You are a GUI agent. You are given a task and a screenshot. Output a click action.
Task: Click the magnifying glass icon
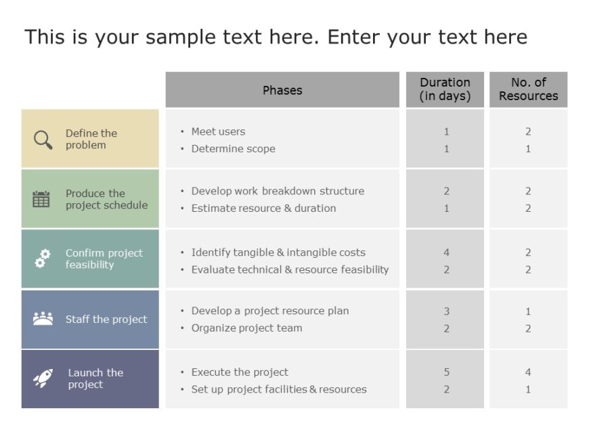point(43,139)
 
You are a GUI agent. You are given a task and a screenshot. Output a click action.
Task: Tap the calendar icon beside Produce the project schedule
point(41,199)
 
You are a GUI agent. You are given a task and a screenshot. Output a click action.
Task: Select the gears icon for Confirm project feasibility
point(43,259)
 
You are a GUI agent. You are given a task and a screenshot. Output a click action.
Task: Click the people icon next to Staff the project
point(43,319)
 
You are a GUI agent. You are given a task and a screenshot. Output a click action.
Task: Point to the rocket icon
point(43,378)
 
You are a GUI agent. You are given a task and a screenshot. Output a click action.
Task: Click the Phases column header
point(282,90)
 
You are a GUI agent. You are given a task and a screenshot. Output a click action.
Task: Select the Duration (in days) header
point(445,89)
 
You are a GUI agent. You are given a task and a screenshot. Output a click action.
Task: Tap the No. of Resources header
point(528,89)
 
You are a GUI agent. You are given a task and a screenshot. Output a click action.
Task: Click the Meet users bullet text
point(218,131)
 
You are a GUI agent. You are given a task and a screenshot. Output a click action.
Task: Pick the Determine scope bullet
point(233,149)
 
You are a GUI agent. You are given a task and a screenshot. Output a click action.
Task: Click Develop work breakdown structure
point(278,191)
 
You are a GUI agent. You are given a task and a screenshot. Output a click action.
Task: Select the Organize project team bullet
point(246,328)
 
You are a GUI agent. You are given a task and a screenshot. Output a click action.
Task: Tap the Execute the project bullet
point(240,372)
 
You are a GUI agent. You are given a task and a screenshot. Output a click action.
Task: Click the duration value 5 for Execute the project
point(446,372)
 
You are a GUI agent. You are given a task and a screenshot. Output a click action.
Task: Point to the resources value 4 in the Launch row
point(528,372)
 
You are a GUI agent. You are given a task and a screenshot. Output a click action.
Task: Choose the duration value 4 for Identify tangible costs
point(446,252)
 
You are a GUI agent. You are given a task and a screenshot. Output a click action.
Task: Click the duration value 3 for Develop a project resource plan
point(446,311)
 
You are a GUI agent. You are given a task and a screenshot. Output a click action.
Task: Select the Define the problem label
point(91,139)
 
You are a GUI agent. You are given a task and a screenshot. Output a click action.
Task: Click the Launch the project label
point(95,378)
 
